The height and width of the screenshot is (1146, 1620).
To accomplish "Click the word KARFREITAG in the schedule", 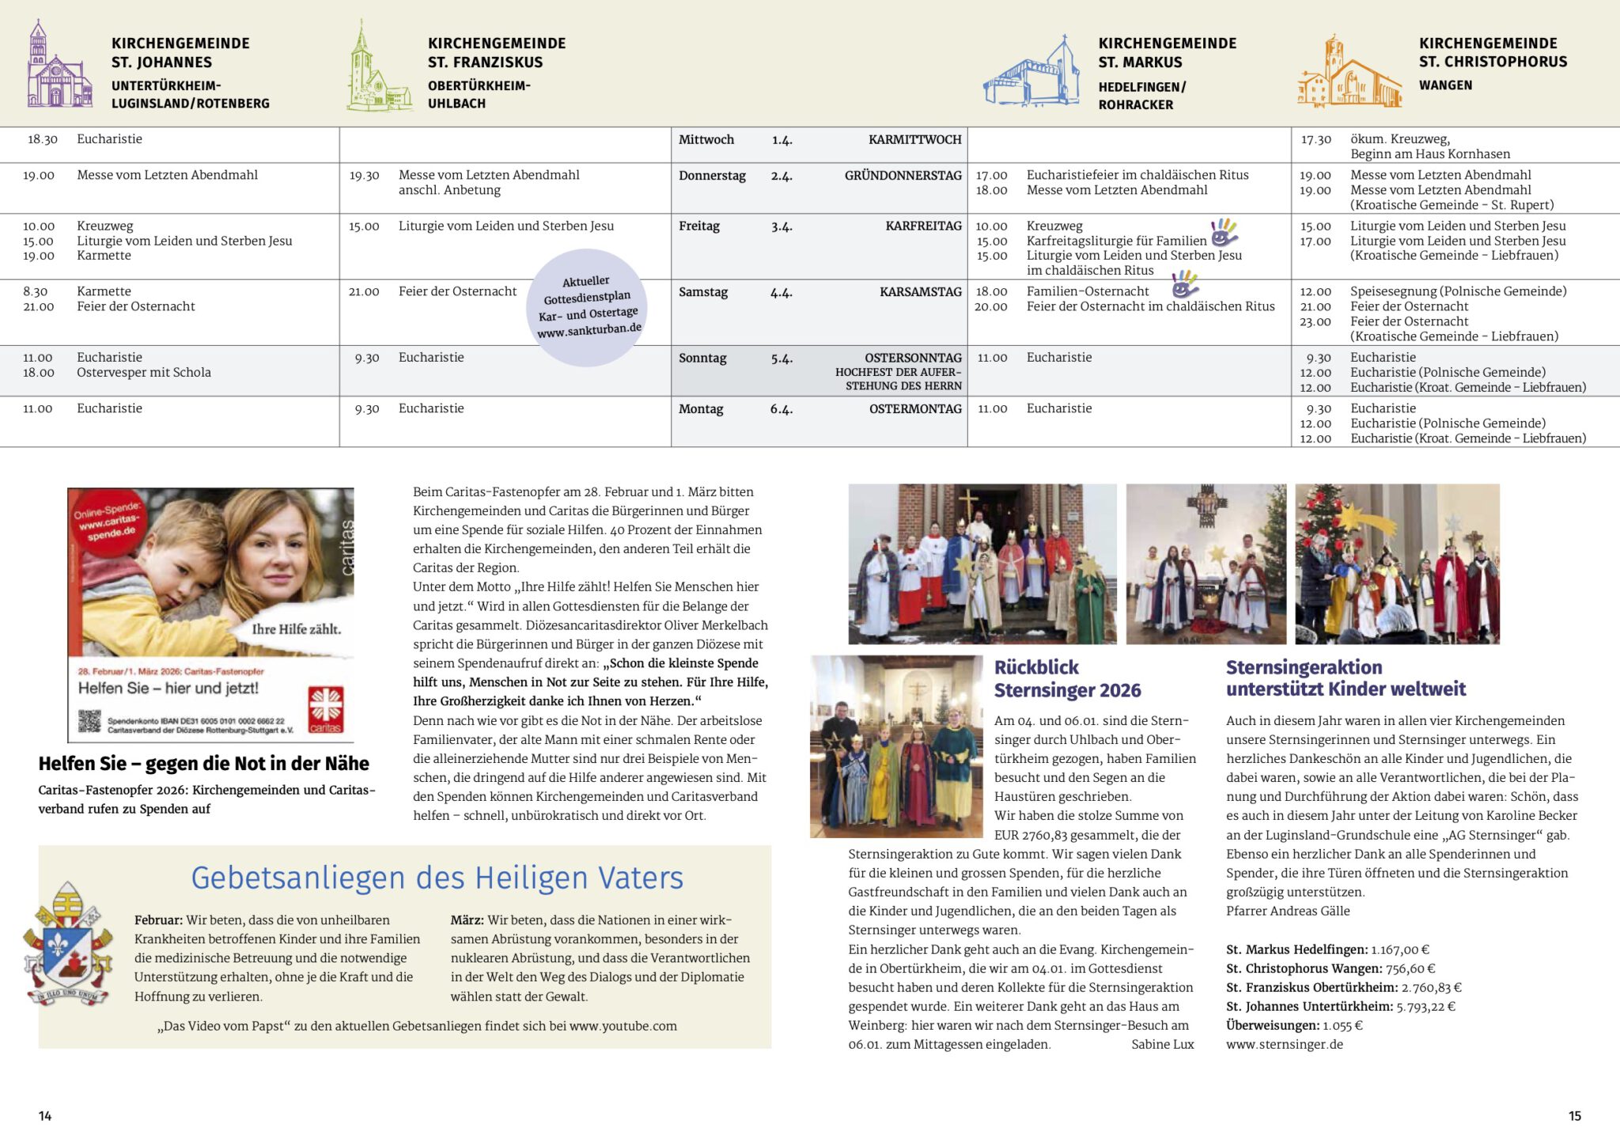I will coord(923,226).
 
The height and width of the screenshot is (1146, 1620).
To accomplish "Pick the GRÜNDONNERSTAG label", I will coord(903,176).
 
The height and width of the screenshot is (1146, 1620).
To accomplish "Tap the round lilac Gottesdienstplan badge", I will coord(588,307).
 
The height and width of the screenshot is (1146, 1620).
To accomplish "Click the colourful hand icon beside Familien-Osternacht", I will coord(1184,283).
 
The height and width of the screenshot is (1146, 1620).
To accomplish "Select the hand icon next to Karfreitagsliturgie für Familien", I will coord(1224,233).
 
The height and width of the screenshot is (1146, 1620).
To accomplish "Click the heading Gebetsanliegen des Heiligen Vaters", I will coord(437,878).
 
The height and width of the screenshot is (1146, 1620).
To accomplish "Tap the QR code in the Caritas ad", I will coord(89,721).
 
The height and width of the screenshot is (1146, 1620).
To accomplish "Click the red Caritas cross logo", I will coord(325,709).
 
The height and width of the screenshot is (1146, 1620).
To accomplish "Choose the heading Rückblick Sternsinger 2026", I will coord(1067,679).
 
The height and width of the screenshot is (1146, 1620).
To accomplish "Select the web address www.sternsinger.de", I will coord(1285,1045).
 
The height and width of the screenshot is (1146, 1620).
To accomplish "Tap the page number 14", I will coord(45,1116).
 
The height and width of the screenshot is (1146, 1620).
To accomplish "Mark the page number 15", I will coord(1574,1116).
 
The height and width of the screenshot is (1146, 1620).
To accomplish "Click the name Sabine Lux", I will coord(1162,1045).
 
